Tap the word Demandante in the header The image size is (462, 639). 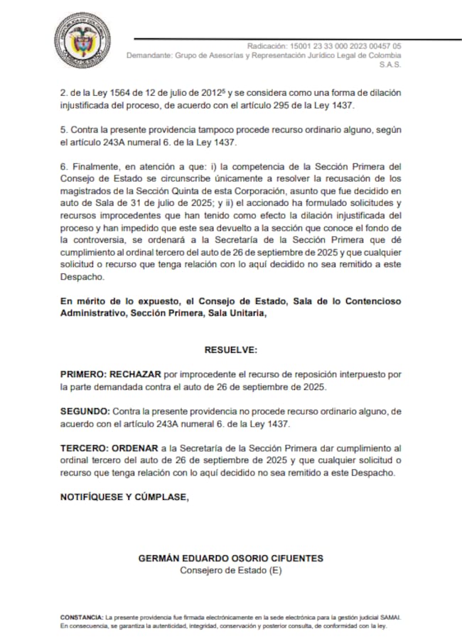click(x=150, y=55)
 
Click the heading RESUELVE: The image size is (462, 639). click(x=230, y=350)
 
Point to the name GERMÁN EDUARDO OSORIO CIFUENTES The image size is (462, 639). click(x=230, y=558)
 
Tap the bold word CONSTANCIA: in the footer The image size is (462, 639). click(x=81, y=618)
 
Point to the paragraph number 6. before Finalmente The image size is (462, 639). click(x=63, y=167)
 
